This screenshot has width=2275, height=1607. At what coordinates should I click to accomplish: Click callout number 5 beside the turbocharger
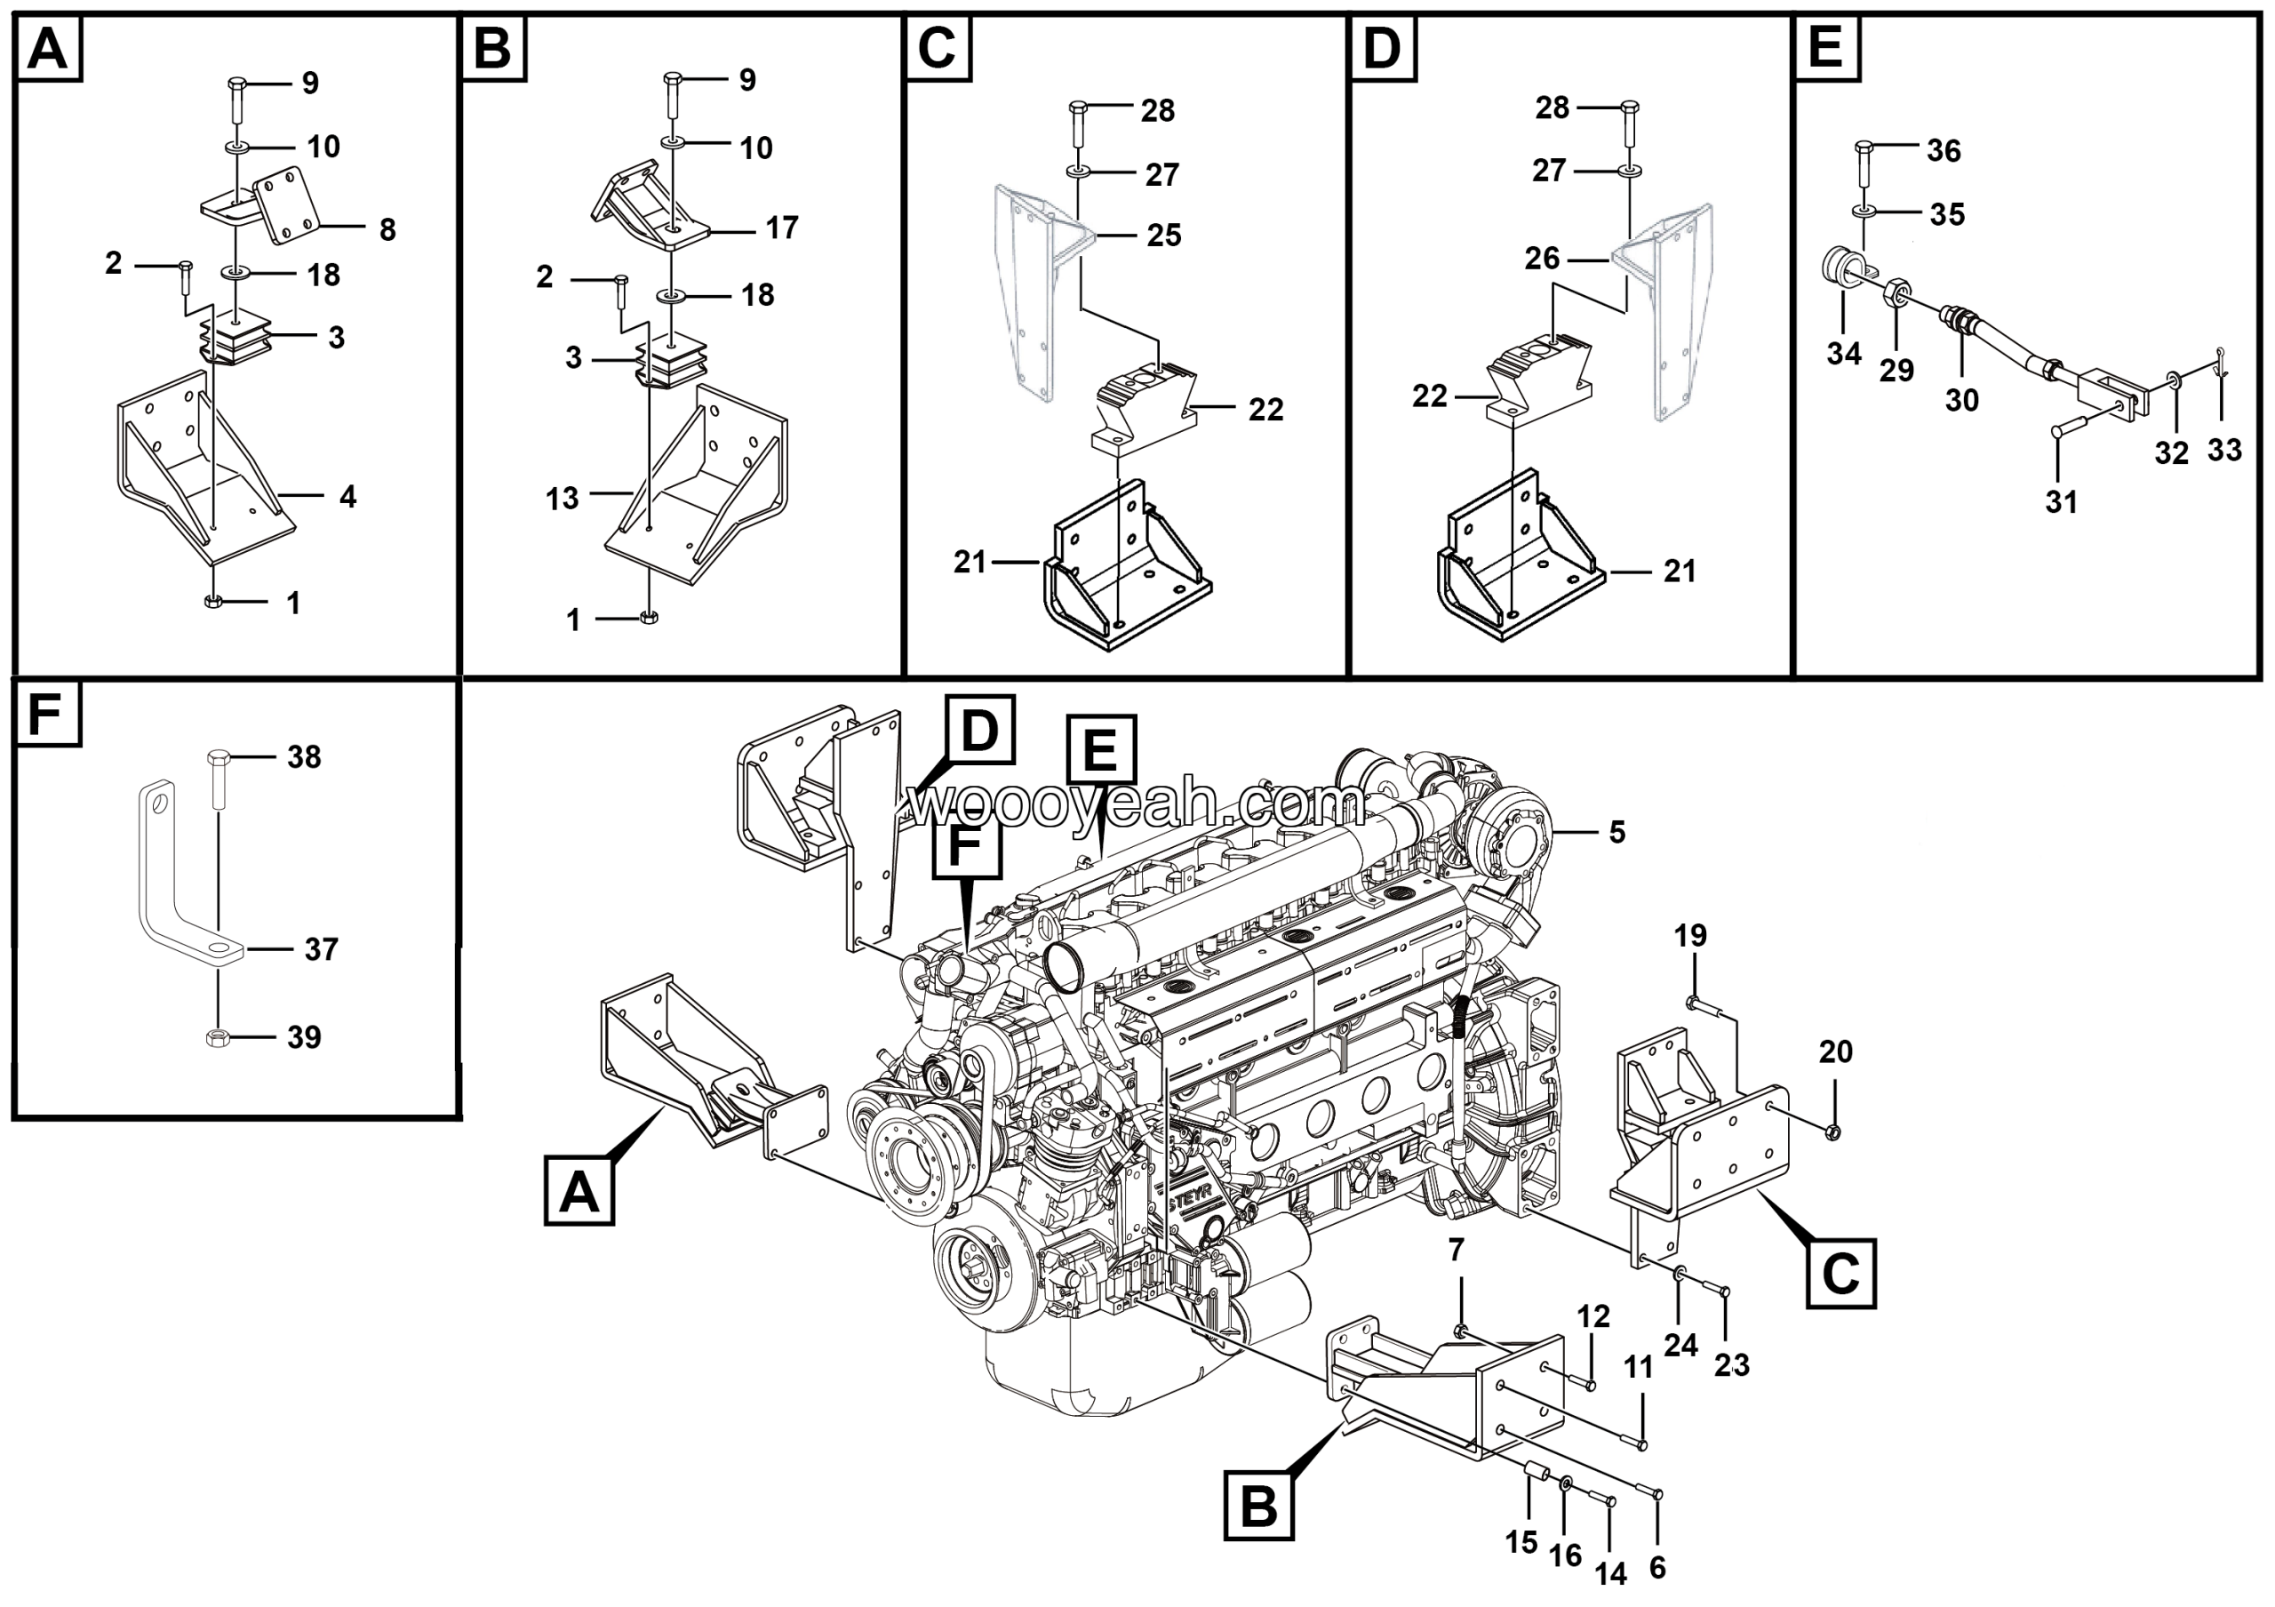click(1616, 832)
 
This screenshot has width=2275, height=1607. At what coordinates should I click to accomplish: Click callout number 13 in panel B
click(562, 498)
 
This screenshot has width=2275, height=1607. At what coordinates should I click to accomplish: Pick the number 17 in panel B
click(781, 228)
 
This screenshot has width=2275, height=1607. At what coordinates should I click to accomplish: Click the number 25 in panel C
click(1163, 235)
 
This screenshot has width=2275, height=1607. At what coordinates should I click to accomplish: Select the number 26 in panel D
click(1542, 259)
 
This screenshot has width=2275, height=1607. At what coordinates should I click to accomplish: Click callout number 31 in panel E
click(2061, 501)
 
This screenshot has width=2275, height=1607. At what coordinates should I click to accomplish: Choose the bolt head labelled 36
click(1862, 149)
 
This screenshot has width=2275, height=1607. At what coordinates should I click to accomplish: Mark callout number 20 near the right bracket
click(1835, 1051)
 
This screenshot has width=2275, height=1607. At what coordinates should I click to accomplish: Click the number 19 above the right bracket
click(1690, 935)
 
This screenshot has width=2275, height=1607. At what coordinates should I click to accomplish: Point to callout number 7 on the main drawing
click(1456, 1251)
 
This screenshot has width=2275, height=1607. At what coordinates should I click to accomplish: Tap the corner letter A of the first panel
click(48, 49)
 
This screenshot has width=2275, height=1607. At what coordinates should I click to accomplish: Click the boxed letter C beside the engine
click(1840, 1273)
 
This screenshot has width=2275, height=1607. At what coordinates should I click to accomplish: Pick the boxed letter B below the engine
click(1258, 1508)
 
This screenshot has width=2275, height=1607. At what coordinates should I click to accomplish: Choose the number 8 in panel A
click(387, 230)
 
